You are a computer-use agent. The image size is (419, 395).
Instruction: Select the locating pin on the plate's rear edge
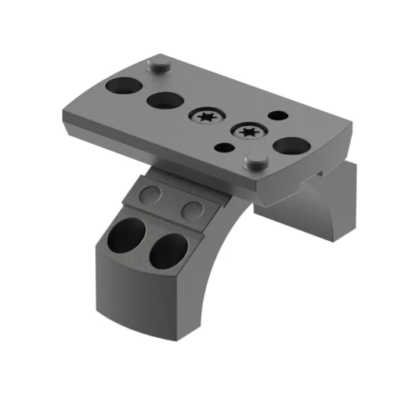[160, 64]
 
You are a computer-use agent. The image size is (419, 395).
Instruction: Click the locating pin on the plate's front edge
[255, 160]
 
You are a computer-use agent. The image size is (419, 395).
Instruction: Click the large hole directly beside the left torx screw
[164, 101]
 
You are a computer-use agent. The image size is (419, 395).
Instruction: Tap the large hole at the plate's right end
[291, 145]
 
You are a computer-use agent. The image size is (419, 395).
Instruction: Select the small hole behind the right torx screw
[276, 116]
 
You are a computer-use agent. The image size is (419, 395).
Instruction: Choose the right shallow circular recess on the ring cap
[191, 209]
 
